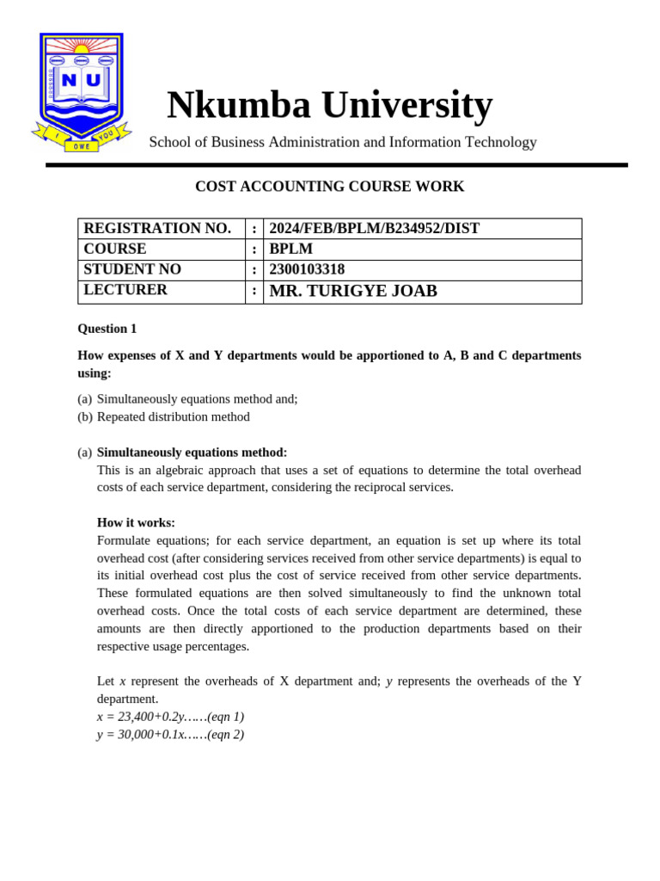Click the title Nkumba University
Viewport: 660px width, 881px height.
[329, 105]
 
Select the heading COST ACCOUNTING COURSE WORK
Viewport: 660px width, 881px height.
[329, 187]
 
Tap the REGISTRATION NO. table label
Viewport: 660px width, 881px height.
[157, 229]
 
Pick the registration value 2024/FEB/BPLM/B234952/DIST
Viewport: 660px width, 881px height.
[374, 229]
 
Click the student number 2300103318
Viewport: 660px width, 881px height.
[307, 269]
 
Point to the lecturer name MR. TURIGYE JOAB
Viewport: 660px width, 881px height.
[353, 292]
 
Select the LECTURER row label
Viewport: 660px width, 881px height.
[125, 290]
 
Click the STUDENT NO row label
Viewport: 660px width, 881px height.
[132, 269]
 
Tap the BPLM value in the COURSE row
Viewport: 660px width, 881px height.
[290, 250]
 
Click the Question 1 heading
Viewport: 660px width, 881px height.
[107, 329]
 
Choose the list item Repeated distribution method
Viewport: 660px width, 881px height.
[174, 417]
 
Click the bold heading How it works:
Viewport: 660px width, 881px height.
[136, 522]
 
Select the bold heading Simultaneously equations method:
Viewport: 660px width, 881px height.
[192, 453]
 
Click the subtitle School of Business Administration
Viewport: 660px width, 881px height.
[342, 143]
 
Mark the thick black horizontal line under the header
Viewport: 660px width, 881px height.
[336, 165]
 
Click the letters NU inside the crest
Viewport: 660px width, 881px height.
[82, 81]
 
